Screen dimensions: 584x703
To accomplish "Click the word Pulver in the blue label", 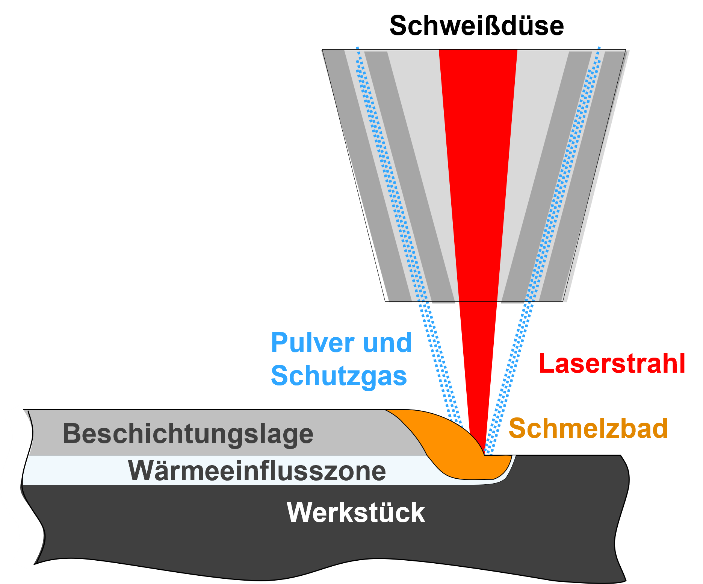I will coord(312,343).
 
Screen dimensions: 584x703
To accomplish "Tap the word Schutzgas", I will coord(339,376).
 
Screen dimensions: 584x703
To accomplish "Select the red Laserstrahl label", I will coord(612,363).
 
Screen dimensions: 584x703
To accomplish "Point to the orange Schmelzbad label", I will coord(588,428).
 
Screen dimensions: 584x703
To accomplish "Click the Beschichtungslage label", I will coord(188,434).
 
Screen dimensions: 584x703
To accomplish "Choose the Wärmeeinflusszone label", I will coord(257,470).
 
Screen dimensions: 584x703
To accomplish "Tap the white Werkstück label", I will coord(355,512).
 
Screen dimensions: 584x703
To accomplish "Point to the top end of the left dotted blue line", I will coord(357,48).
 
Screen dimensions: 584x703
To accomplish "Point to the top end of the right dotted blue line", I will coord(599,48).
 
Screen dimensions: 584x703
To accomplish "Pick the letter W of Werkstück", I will coord(299,512).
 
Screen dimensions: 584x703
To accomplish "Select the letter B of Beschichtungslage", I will coord(71,434).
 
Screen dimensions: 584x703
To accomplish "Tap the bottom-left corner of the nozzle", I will coord(389,301).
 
